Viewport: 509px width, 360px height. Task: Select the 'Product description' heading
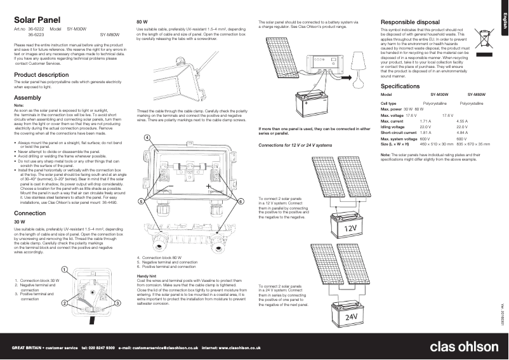[41, 74]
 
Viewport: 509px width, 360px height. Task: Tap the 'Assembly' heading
[27, 97]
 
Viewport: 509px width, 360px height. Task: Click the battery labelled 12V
[349, 226]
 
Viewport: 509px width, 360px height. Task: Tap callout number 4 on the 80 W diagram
[147, 138]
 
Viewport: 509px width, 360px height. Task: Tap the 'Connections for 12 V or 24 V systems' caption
[295, 145]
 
